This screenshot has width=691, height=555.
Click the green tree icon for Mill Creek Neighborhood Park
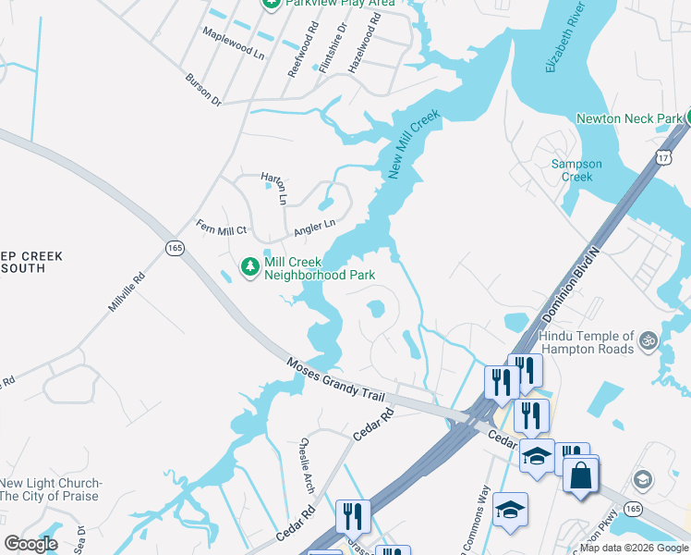coord(249,267)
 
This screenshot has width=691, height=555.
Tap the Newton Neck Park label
coord(628,118)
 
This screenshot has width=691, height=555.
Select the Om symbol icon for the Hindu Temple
coord(648,340)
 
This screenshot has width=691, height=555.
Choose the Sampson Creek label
coord(576,170)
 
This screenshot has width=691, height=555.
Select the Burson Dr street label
coord(203,90)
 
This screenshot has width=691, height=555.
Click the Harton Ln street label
coord(274,188)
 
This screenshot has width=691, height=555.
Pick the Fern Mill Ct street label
coord(222,228)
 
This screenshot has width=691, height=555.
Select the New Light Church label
coord(51,489)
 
